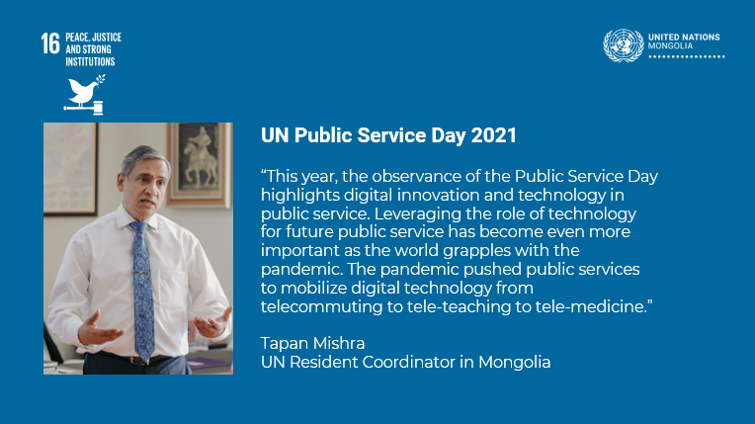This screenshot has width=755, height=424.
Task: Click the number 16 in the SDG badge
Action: point(50,43)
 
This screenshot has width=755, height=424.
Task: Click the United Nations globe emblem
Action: point(623,45)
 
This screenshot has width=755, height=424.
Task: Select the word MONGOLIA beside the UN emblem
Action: point(670,45)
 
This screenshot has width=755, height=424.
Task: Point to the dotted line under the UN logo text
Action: point(687,57)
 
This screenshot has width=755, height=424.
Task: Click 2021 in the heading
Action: point(493,135)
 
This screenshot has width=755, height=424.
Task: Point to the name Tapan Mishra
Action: point(312,344)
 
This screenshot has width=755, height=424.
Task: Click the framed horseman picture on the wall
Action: point(200,164)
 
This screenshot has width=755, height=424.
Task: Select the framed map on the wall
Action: point(70,168)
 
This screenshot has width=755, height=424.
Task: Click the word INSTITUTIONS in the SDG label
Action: point(90,61)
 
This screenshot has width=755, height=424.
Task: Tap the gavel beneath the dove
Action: point(84,109)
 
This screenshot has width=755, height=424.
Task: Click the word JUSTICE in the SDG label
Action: point(107,38)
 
